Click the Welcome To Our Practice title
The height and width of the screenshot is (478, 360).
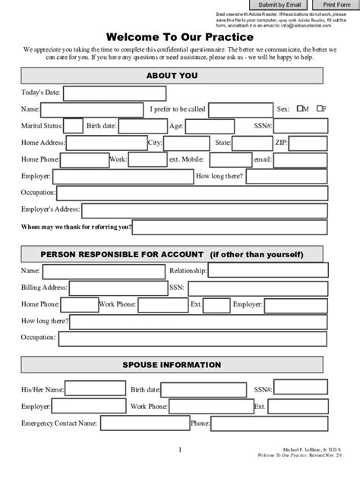tap(179, 36)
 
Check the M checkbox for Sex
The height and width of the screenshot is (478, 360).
tap(302, 109)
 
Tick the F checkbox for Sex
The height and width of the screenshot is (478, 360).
tap(321, 109)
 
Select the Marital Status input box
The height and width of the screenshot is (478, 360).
tap(73, 126)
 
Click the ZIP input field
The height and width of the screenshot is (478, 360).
tap(309, 143)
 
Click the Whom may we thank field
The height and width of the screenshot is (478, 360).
tap(230, 227)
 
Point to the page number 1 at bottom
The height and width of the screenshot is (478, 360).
tap(180, 451)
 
